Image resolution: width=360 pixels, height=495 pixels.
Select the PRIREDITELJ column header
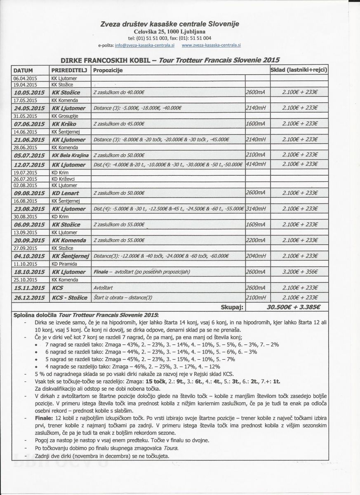pyautogui.click(x=69, y=70)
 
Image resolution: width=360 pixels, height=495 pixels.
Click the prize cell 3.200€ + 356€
pyautogui.click(x=299, y=272)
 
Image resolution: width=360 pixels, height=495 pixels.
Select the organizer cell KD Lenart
pyautogui.click(x=66, y=193)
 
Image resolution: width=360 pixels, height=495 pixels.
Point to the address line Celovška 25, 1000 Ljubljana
pyautogui.click(x=170, y=31)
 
